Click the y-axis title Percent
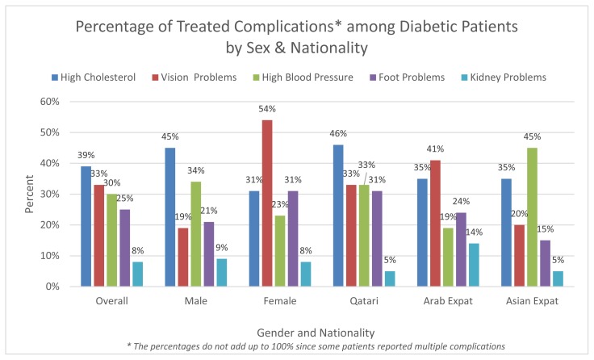coord(29,194)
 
